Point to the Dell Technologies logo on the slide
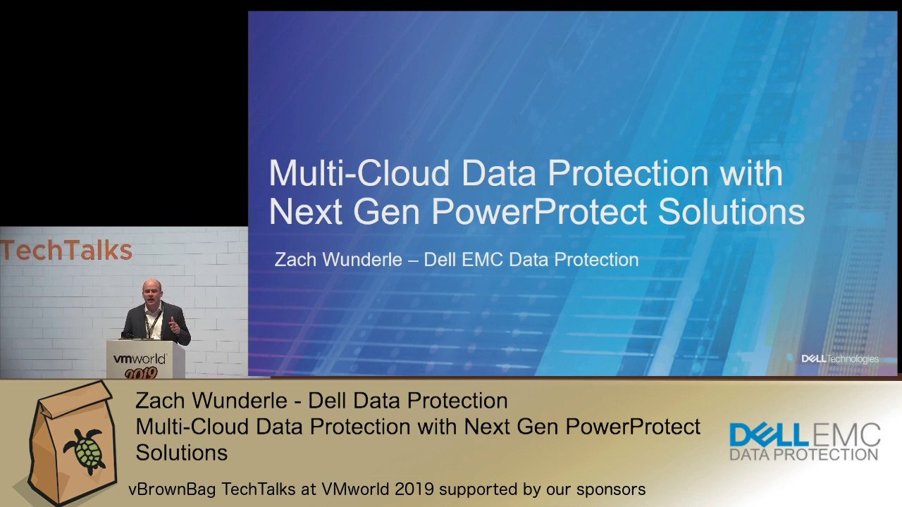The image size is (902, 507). click(840, 359)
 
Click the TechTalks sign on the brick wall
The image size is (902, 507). click(66, 251)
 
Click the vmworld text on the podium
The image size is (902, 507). click(140, 359)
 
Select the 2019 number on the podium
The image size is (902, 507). click(141, 373)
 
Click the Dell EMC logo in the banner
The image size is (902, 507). click(805, 434)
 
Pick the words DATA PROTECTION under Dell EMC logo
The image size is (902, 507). click(804, 455)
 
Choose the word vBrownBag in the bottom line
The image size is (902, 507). click(172, 489)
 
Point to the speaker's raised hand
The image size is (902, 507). click(173, 325)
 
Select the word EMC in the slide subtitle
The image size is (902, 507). click(484, 260)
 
